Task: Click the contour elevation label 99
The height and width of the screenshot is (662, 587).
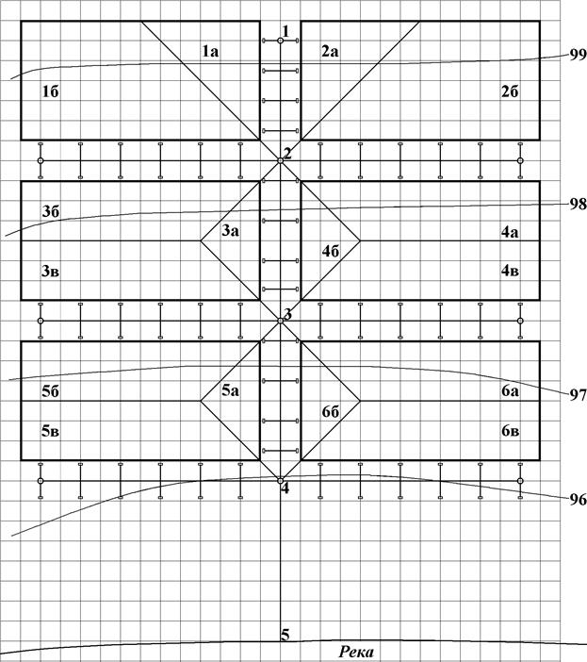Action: pyautogui.click(x=577, y=55)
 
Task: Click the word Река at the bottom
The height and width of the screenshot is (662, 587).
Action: pyautogui.click(x=361, y=652)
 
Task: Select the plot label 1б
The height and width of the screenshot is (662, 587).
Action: pyautogui.click(x=51, y=91)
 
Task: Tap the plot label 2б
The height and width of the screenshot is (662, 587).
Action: pyautogui.click(x=511, y=91)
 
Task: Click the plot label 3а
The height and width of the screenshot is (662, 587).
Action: pyautogui.click(x=231, y=230)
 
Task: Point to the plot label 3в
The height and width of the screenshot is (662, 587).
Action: pyautogui.click(x=51, y=272)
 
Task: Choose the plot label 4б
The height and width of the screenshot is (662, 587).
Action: pyautogui.click(x=331, y=251)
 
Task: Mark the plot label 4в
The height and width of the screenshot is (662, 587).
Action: pyautogui.click(x=511, y=272)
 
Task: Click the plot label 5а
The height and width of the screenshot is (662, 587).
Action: pyautogui.click(x=231, y=390)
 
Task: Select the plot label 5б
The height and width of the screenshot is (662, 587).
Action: pyautogui.click(x=51, y=391)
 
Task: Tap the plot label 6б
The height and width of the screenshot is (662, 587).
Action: pyautogui.click(x=331, y=411)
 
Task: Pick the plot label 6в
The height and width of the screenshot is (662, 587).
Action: pyautogui.click(x=511, y=431)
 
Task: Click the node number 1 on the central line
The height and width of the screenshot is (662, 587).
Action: pyautogui.click(x=285, y=31)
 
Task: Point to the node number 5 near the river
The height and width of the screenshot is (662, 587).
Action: pyautogui.click(x=285, y=634)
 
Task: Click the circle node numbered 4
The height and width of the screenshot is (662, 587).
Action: pyautogui.click(x=281, y=481)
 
